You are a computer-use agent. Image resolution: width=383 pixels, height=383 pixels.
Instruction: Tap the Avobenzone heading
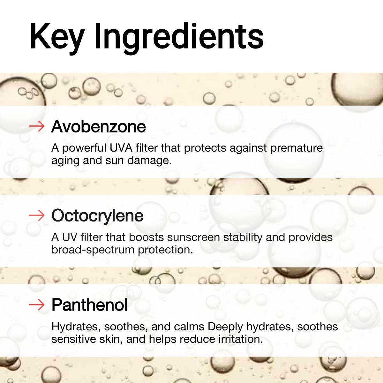click(99, 126)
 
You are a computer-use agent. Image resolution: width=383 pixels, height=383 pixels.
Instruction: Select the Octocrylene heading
click(97, 216)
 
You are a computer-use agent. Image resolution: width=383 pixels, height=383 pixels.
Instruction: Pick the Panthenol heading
click(89, 305)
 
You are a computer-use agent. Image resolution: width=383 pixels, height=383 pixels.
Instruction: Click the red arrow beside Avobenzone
click(36, 126)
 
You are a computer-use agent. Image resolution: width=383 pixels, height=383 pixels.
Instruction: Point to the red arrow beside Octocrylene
click(36, 216)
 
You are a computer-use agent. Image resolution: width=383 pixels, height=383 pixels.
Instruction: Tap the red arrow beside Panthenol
click(36, 305)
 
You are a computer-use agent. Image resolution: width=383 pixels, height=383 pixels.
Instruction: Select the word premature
click(296, 148)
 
